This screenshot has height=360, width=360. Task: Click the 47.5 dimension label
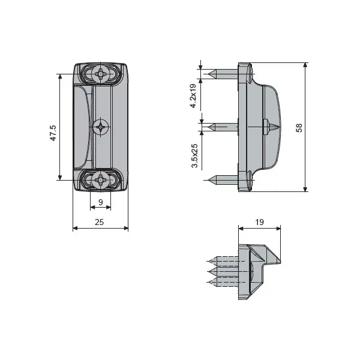(x=53, y=133)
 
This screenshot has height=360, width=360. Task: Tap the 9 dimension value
(x=101, y=202)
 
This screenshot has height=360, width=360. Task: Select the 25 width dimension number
(x=99, y=222)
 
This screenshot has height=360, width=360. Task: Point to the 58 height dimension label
(x=299, y=128)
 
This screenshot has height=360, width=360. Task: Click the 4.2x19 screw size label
(x=193, y=96)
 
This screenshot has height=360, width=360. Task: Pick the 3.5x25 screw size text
(x=194, y=155)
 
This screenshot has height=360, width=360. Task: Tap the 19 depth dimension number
(x=259, y=222)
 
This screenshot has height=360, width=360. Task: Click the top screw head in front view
(x=101, y=74)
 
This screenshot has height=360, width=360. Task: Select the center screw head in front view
(x=101, y=127)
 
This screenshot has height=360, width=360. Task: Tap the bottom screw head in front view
(x=101, y=180)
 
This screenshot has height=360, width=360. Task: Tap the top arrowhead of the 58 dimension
(x=305, y=65)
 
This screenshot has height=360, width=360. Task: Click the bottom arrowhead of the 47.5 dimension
(x=60, y=178)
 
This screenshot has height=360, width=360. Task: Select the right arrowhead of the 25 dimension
(x=126, y=228)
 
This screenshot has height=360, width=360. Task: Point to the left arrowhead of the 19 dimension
(x=241, y=228)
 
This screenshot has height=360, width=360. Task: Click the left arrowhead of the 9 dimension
(x=93, y=208)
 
